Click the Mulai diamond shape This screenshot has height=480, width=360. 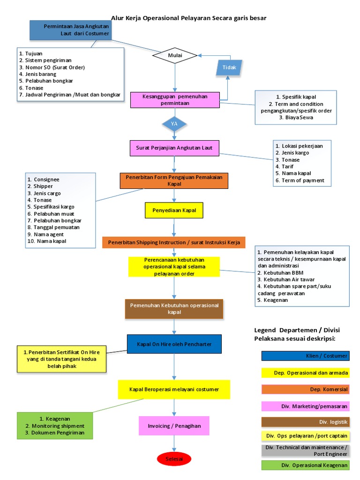pos(175,56)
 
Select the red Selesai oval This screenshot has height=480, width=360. pos(174,457)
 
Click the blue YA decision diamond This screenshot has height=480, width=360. pos(174,124)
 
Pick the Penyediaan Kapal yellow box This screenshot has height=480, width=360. pos(174,211)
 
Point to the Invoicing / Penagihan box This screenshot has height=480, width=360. pos(174,426)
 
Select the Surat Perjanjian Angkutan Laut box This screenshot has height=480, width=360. pos(174,148)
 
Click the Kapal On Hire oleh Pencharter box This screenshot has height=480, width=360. pos(174,344)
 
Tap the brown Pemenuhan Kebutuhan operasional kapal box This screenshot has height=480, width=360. pos(174,308)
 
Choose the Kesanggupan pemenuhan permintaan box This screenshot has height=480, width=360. pos(175,100)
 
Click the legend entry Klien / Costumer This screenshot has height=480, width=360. pos(305,356)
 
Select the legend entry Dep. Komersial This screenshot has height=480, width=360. pos(305,390)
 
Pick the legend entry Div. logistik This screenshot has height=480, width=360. pos(305,422)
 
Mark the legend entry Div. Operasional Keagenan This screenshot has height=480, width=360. pos(305,465)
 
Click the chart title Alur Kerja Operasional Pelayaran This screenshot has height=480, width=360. pos(188,18)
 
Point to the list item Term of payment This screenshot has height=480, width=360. pos(303,180)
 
